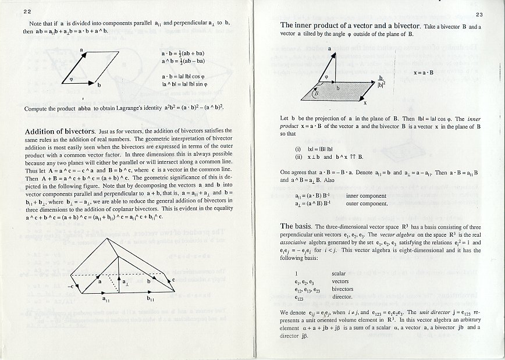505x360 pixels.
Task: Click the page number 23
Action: click(479, 15)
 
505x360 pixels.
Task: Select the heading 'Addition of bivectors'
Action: click(59, 131)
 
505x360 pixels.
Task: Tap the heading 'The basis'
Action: click(296, 226)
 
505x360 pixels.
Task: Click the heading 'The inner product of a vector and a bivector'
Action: click(360, 26)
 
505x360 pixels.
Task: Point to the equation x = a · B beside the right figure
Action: click(424, 73)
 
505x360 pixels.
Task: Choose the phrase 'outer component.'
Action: click(367, 204)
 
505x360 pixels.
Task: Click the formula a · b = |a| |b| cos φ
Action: click(185, 77)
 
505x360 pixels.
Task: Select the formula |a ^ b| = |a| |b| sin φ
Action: click(184, 84)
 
